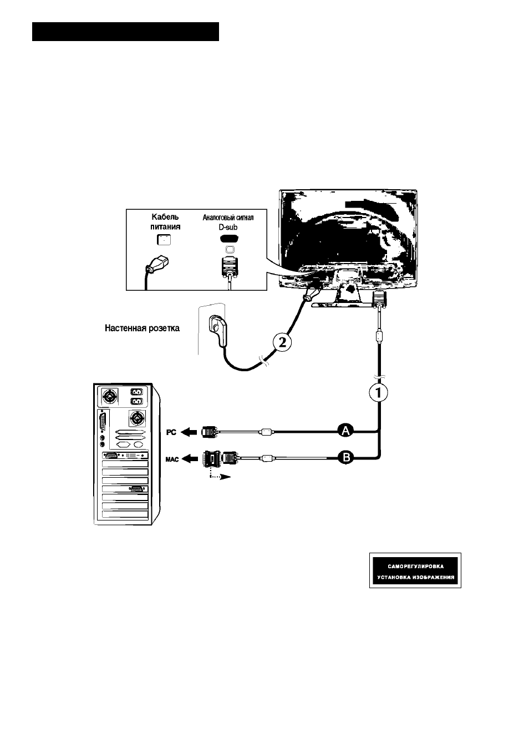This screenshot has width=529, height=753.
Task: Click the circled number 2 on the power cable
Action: pyautogui.click(x=282, y=342)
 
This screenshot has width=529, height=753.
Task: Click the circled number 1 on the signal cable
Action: pyautogui.click(x=378, y=393)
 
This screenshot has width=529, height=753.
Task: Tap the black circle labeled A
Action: pyautogui.click(x=346, y=431)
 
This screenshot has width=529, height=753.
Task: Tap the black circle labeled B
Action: pyautogui.click(x=346, y=457)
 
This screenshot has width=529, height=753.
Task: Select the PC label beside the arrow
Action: pyautogui.click(x=171, y=433)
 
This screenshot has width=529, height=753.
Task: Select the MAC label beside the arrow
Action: pyautogui.click(x=172, y=459)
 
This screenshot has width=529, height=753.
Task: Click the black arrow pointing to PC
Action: pyautogui.click(x=189, y=432)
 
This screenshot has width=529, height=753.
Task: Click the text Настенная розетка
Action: pyautogui.click(x=142, y=328)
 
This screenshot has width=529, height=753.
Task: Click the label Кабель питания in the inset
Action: pyautogui.click(x=165, y=222)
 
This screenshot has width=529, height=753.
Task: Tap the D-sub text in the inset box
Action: pyautogui.click(x=228, y=228)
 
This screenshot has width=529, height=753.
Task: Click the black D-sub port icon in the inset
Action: pyautogui.click(x=229, y=239)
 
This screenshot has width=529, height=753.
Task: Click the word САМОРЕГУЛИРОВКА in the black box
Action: pyautogui.click(x=415, y=567)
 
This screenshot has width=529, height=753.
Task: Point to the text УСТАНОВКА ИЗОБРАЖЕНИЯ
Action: pyautogui.click(x=415, y=578)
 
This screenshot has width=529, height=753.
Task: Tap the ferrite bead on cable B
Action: pyautogui.click(x=267, y=457)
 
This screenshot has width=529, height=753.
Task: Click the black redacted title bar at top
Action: pyautogui.click(x=126, y=32)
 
